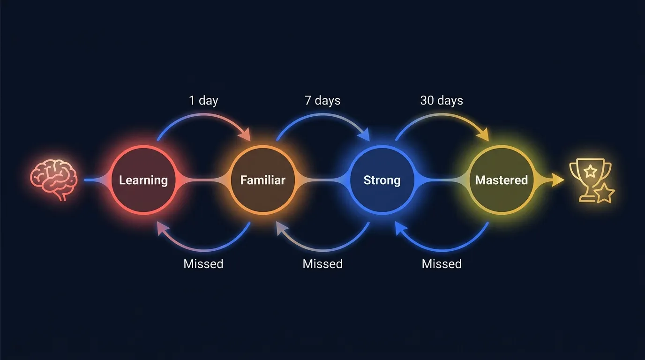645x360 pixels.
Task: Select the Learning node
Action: tap(143, 180)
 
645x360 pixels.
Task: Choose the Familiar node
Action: tap(263, 180)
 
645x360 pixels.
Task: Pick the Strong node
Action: tap(382, 180)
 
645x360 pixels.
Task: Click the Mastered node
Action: tap(502, 180)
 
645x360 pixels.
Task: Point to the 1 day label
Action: tap(203, 100)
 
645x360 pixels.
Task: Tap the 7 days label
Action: tap(322, 100)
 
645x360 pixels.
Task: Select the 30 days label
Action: tap(442, 100)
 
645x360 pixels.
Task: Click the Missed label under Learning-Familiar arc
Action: tap(203, 264)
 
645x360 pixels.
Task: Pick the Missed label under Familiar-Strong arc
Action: tap(322, 264)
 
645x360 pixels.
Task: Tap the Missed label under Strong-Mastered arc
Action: tap(442, 264)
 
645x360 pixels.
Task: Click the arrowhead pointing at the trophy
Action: tap(558, 180)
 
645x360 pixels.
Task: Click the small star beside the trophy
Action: tap(605, 193)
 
